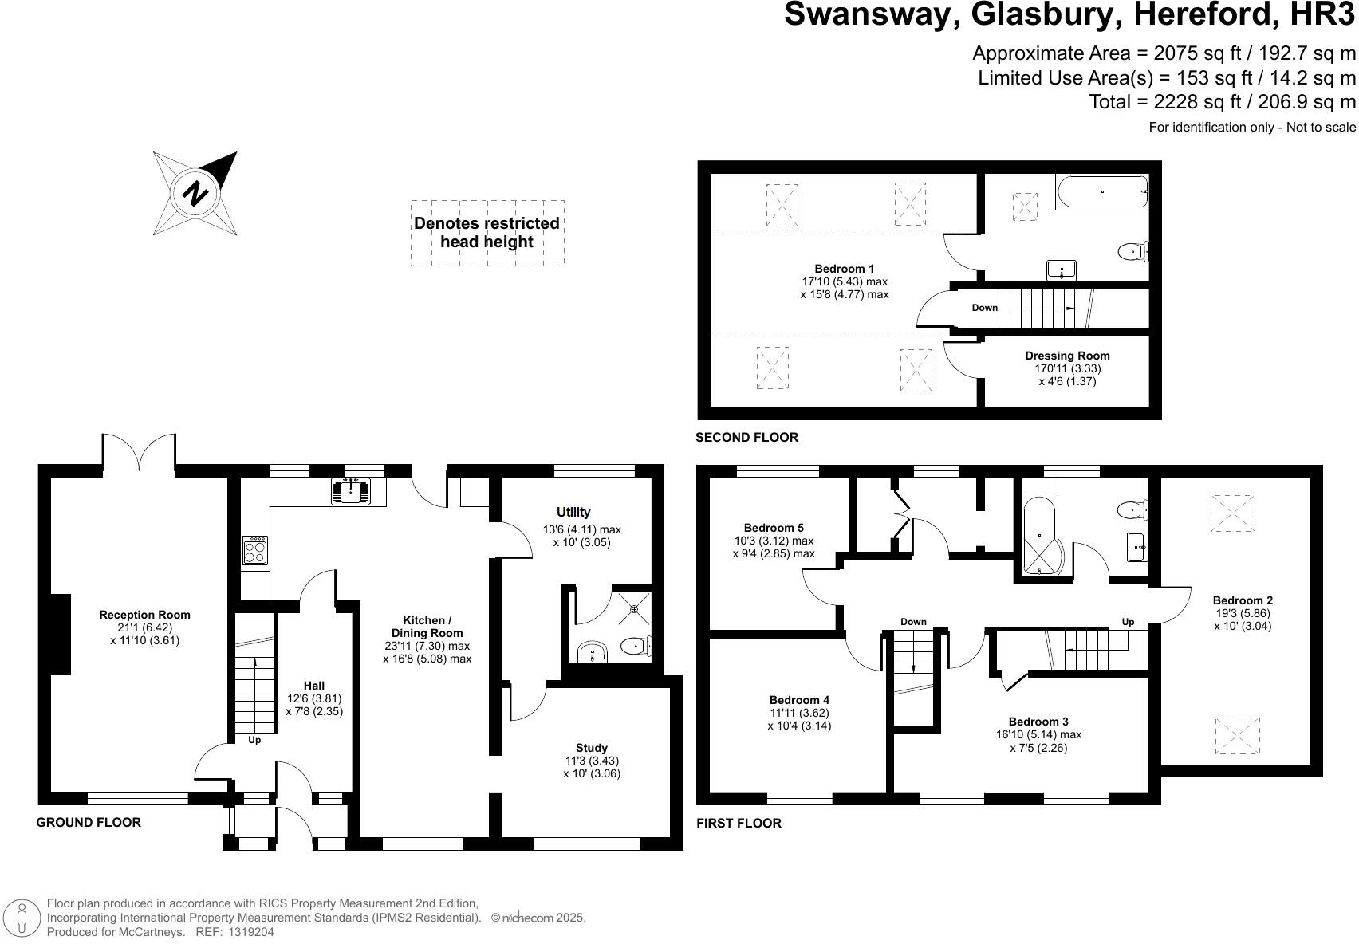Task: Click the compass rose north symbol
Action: pyautogui.click(x=195, y=193)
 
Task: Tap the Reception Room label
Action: pyautogui.click(x=144, y=615)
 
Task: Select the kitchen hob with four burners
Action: pyautogui.click(x=255, y=550)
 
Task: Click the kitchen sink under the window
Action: pyautogui.click(x=351, y=491)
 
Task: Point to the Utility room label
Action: pyautogui.click(x=573, y=512)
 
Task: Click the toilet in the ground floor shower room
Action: pyautogui.click(x=636, y=646)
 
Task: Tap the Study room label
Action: pyautogui.click(x=591, y=748)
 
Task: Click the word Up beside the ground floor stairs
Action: pyautogui.click(x=254, y=740)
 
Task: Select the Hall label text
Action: pyautogui.click(x=314, y=686)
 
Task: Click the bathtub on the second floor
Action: pyautogui.click(x=1102, y=192)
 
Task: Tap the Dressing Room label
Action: pyautogui.click(x=1067, y=356)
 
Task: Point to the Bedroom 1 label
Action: pyautogui.click(x=844, y=269)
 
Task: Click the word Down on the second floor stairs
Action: pyautogui.click(x=984, y=308)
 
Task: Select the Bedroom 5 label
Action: pyautogui.click(x=774, y=528)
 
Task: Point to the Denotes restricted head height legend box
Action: pyautogui.click(x=487, y=233)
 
